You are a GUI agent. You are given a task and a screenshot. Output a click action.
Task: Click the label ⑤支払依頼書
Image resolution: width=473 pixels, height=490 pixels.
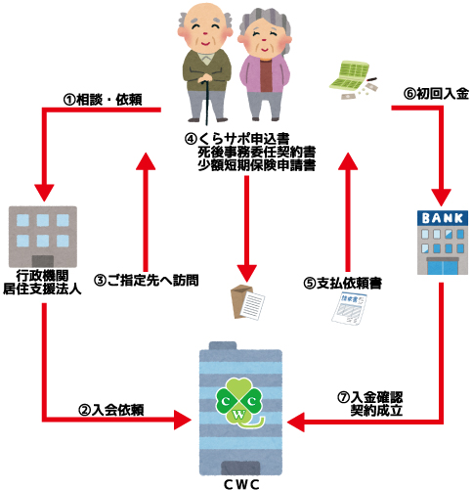click(342, 283)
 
